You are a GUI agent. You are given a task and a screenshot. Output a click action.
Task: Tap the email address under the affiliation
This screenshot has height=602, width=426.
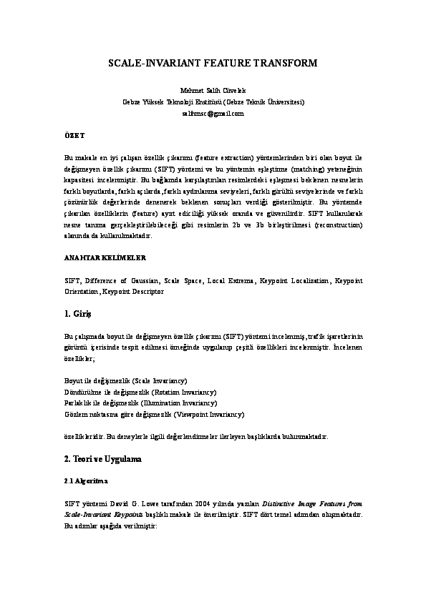[213, 113]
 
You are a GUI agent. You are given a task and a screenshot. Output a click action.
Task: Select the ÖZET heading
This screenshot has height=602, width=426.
[74, 134]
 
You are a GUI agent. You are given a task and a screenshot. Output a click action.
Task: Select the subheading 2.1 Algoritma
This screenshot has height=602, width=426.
[86, 480]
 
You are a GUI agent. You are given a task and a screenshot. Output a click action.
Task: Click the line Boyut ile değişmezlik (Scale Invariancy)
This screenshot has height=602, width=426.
[125, 381]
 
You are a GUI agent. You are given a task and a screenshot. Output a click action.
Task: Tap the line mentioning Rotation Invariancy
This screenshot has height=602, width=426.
[140, 392]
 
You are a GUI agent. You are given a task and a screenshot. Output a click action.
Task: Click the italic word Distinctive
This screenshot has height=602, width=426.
[278, 503]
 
